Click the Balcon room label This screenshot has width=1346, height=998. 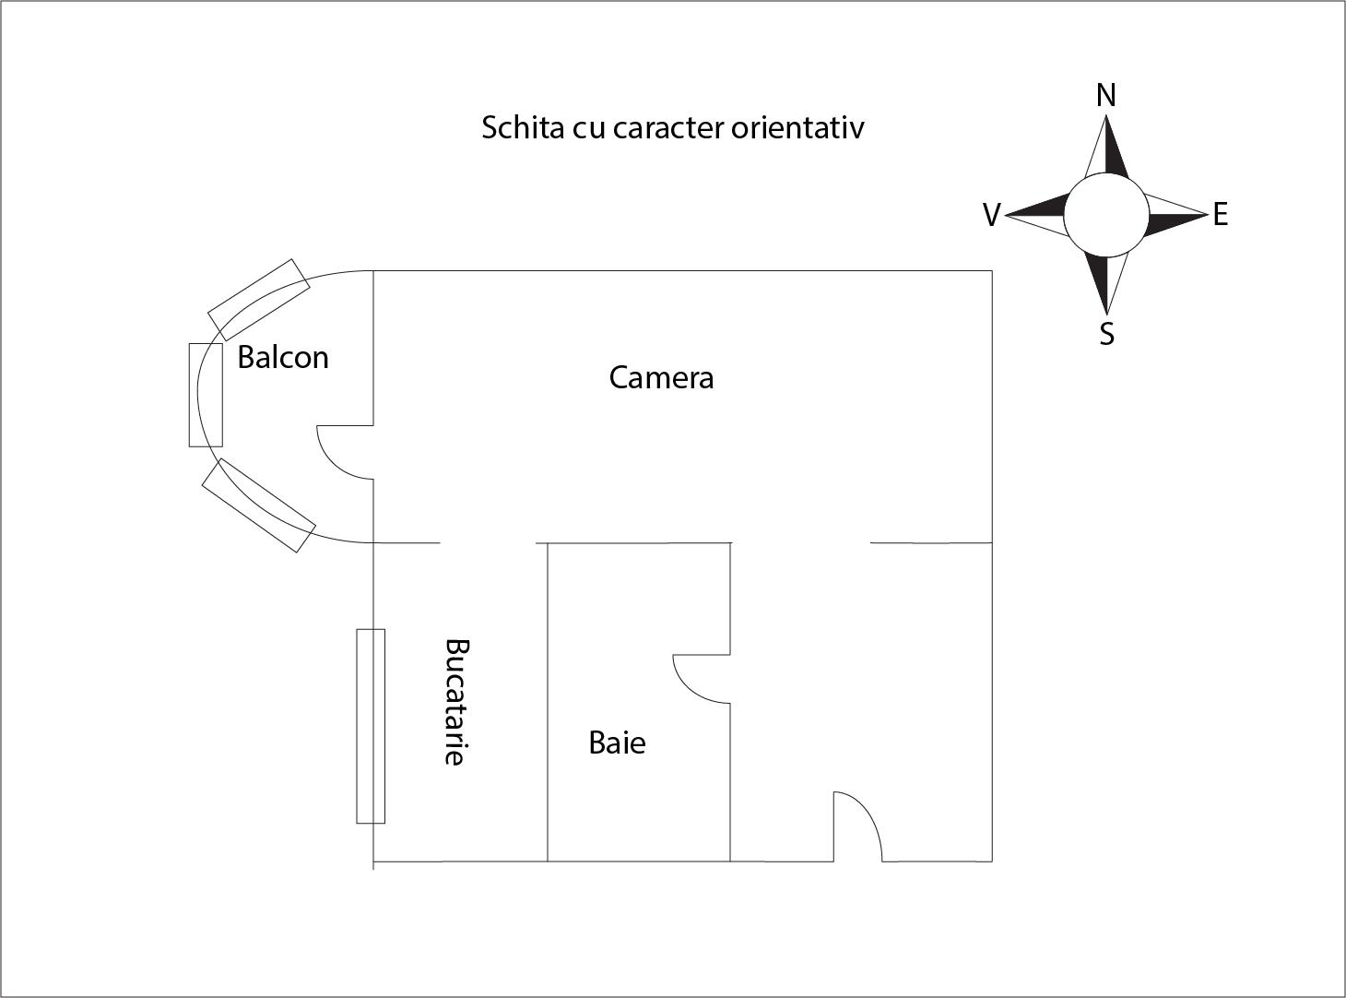tap(283, 357)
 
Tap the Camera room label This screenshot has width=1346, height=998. tap(661, 378)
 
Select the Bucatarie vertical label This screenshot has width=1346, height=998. tap(456, 702)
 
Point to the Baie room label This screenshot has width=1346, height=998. tap(617, 743)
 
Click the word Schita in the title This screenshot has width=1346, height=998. tap(523, 127)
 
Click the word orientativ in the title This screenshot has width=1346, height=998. tap(797, 127)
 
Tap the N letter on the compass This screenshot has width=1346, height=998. tap(1105, 96)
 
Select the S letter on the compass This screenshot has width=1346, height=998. tap(1107, 334)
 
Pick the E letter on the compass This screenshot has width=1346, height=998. tap(1221, 214)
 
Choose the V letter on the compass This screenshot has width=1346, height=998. tap(992, 215)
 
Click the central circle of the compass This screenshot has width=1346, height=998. tap(1106, 214)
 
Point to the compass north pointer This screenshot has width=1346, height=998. tap(1106, 146)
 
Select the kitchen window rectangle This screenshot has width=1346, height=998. tap(371, 726)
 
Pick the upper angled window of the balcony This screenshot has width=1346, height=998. tap(259, 300)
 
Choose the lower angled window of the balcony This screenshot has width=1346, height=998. tap(258, 505)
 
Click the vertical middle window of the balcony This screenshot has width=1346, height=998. tap(206, 395)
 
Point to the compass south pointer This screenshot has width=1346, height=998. tap(1106, 283)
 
